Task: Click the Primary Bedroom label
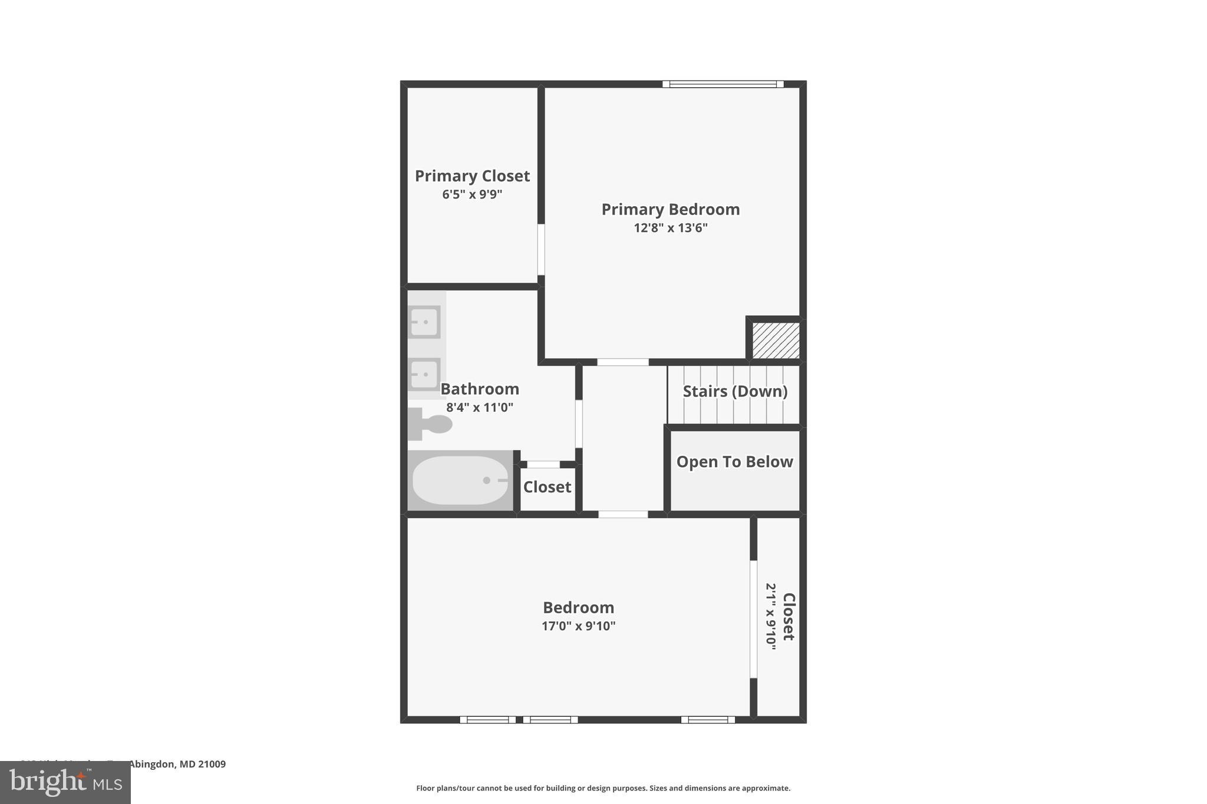pos(670,210)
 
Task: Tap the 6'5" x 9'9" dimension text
pos(472,194)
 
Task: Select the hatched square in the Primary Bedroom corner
pos(776,340)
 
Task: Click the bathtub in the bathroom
pos(460,481)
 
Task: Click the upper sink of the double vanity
pos(424,322)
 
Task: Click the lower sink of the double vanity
pos(424,374)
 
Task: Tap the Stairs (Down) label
pos(735,391)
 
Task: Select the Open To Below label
pos(734,462)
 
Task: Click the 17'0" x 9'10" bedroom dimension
pos(578,626)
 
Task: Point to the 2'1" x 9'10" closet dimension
pos(771,616)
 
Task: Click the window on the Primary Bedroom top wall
pos(723,84)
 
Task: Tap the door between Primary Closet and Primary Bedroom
pos(541,249)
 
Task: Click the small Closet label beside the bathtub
pos(547,487)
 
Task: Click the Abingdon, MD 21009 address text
pos(177,764)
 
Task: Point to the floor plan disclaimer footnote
pos(603,788)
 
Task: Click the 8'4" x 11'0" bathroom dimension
pos(480,408)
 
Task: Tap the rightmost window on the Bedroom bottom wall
pos(708,719)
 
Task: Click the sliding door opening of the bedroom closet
pos(753,618)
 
